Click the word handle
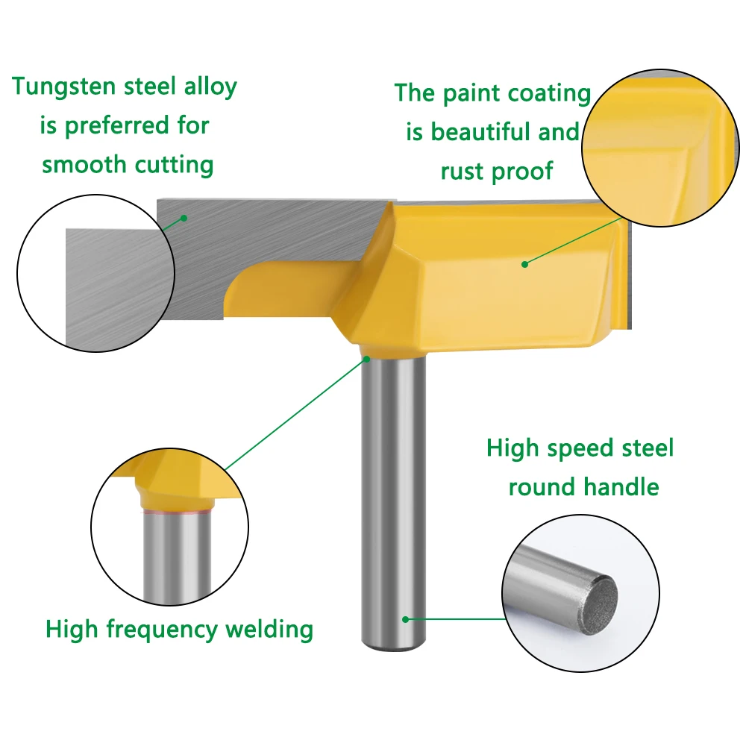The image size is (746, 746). click(x=622, y=488)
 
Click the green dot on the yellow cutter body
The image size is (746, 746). click(x=524, y=263)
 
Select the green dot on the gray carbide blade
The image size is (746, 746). click(x=184, y=218)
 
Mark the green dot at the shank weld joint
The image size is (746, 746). click(x=367, y=360)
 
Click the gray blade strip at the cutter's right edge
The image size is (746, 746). click(x=629, y=276)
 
